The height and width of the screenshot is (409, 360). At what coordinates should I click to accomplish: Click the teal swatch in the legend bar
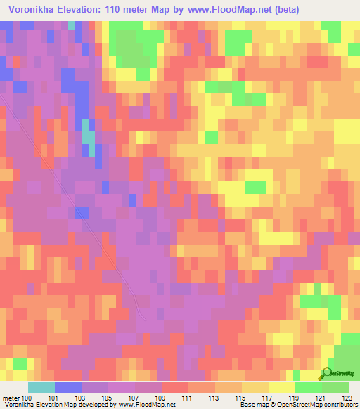click(x=41, y=388)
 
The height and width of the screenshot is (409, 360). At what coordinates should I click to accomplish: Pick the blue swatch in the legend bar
click(x=68, y=388)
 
